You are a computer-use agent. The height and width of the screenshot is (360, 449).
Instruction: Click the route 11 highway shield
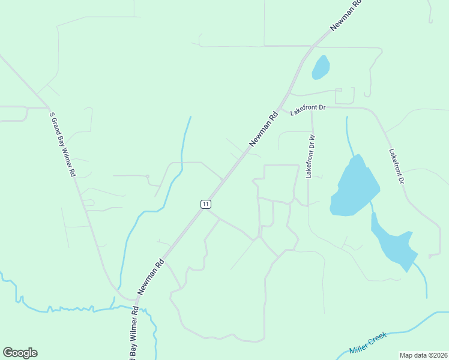pyautogui.click(x=206, y=204)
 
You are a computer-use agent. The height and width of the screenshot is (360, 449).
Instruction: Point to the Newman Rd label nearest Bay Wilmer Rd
pyautogui.click(x=151, y=276)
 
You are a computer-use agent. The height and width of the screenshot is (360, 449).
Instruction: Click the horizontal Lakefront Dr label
pyautogui.click(x=308, y=108)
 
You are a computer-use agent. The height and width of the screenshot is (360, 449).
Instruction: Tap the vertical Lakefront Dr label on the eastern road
pyautogui.click(x=397, y=169)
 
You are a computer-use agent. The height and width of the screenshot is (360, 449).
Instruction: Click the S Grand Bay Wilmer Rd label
pyautogui.click(x=62, y=144)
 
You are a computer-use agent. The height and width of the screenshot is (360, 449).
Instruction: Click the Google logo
pyautogui.click(x=20, y=353)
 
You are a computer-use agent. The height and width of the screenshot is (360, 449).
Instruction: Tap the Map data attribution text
pyautogui.click(x=424, y=355)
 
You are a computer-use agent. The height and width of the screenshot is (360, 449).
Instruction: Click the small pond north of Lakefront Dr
pyautogui.click(x=321, y=68)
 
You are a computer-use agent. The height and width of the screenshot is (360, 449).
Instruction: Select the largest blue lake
pyautogui.click(x=355, y=186)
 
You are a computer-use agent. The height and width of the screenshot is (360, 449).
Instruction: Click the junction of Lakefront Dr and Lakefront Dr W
pyautogui.click(x=312, y=108)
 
